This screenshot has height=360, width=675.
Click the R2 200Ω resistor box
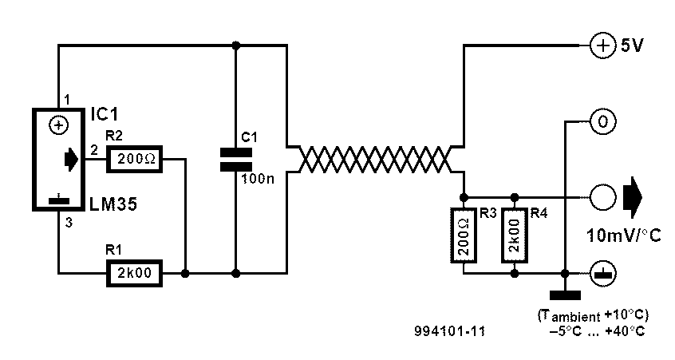[134, 160]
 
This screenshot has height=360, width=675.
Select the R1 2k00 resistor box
[134, 273]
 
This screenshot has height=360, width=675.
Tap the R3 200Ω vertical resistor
[464, 235]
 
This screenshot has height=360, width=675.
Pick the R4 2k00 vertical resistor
[515, 235]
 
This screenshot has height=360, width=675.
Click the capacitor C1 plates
[236, 160]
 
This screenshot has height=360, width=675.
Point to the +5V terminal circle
[602, 45]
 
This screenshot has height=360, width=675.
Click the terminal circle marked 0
[602, 122]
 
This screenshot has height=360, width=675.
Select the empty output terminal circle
[602, 198]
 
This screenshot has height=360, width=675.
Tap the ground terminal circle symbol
[602, 274]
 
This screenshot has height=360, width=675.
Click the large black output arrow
[633, 198]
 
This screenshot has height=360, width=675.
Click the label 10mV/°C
[624, 235]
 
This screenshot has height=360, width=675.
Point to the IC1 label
[105, 115]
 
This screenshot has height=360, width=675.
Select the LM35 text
[113, 204]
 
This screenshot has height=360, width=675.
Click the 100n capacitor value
[258, 178]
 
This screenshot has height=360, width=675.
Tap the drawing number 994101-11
[450, 330]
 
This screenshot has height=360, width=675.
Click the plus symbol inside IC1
[59, 126]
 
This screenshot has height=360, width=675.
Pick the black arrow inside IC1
[70, 160]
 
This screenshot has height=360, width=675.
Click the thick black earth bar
[565, 295]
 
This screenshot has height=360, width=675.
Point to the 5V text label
[632, 45]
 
